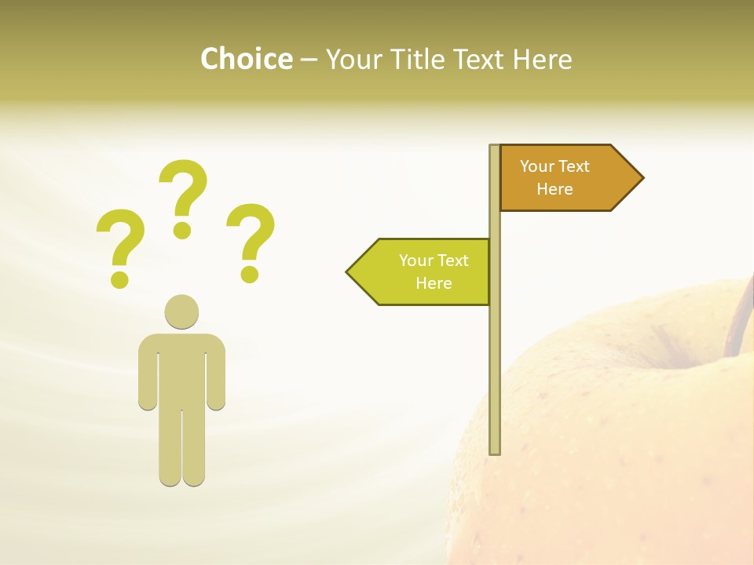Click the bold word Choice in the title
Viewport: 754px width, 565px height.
(246, 59)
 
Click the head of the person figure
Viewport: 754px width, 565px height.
(181, 312)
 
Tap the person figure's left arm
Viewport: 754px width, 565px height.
(148, 373)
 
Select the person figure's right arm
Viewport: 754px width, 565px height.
(216, 373)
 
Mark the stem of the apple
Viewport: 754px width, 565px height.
(739, 322)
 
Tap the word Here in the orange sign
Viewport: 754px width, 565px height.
(555, 189)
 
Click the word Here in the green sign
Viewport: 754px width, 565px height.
(434, 283)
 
